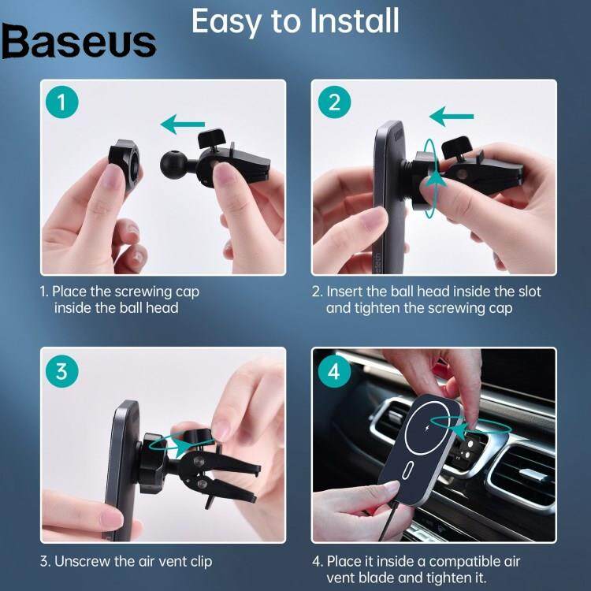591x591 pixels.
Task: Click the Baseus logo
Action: [x=79, y=42]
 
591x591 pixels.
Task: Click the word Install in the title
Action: [x=355, y=21]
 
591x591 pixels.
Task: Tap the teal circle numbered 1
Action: [x=61, y=102]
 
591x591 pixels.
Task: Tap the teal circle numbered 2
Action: [x=334, y=102]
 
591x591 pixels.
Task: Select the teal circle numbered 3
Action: [x=61, y=371]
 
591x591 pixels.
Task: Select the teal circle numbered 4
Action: [x=334, y=371]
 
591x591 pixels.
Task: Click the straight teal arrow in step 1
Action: [x=183, y=124]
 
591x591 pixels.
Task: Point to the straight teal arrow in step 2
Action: [x=452, y=116]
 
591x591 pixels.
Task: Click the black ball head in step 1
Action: [x=174, y=163]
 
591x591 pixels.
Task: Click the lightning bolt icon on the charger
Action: [x=426, y=429]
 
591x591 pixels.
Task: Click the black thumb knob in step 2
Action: [x=457, y=147]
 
